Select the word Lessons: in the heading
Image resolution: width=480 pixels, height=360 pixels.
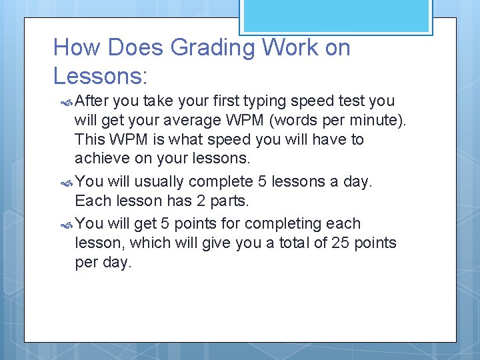(x=100, y=76)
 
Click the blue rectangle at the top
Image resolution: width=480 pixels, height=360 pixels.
(x=335, y=15)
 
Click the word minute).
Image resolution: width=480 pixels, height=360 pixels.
(x=382, y=121)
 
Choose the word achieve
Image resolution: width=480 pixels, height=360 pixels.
(x=99, y=159)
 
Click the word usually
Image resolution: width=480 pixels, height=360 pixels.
(x=159, y=182)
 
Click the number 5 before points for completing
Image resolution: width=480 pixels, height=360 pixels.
(x=164, y=224)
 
